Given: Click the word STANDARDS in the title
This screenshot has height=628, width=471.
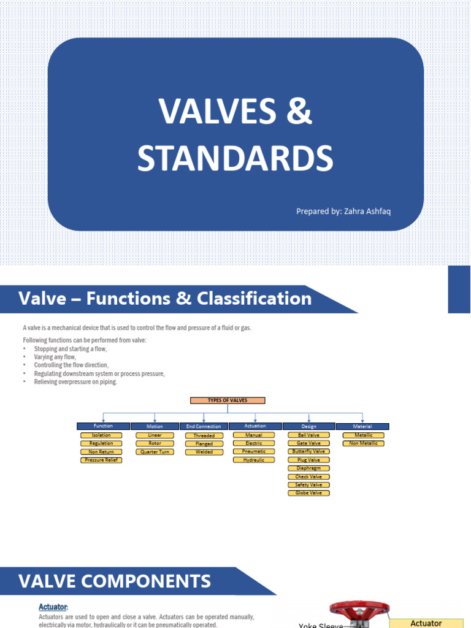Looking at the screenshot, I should pyautogui.click(x=235, y=158).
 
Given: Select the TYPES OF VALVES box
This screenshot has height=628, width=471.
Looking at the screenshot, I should pyautogui.click(x=228, y=400).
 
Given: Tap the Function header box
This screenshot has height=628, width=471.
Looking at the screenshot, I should pyautogui.click(x=103, y=426).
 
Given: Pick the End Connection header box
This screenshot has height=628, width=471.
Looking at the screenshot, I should pyautogui.click(x=204, y=426).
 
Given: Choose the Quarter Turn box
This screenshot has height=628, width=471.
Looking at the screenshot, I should pyautogui.click(x=155, y=452).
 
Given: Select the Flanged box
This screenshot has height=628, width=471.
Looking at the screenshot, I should pyautogui.click(x=204, y=443).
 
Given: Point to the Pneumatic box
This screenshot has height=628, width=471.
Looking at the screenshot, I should pyautogui.click(x=254, y=451).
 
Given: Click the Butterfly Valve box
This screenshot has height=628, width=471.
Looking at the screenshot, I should pyautogui.click(x=308, y=451).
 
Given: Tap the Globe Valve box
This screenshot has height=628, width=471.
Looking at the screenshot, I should pyautogui.click(x=308, y=492).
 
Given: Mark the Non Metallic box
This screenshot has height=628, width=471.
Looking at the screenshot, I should pyautogui.click(x=363, y=443).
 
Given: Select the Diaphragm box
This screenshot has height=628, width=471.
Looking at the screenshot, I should pyautogui.click(x=308, y=468).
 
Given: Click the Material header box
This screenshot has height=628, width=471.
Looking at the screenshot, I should pyautogui.click(x=363, y=426).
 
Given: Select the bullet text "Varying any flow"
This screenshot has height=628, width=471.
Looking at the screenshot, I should pyautogui.click(x=55, y=357).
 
